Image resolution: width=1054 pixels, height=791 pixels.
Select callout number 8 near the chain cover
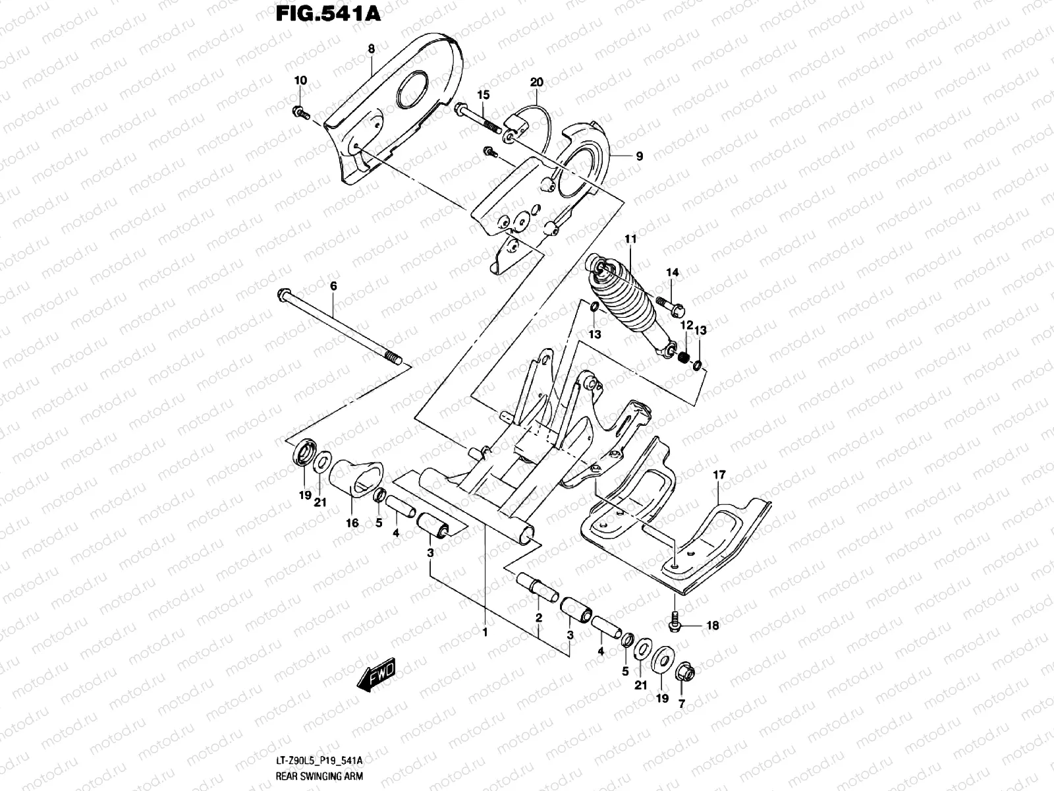[371, 49]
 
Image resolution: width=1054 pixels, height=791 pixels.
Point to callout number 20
[536, 82]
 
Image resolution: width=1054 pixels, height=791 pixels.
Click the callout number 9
[638, 156]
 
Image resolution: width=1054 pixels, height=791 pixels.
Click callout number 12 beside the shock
[686, 326]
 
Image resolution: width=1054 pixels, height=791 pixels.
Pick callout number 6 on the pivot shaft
[333, 286]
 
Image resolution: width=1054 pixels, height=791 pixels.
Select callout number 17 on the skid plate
[719, 475]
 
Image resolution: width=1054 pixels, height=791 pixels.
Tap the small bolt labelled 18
[675, 620]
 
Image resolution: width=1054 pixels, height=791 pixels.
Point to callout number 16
[352, 523]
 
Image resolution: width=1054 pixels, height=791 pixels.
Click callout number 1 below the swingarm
[484, 632]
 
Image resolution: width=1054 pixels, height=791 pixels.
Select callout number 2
[538, 618]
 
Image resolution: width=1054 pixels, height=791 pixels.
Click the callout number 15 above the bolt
[484, 95]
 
